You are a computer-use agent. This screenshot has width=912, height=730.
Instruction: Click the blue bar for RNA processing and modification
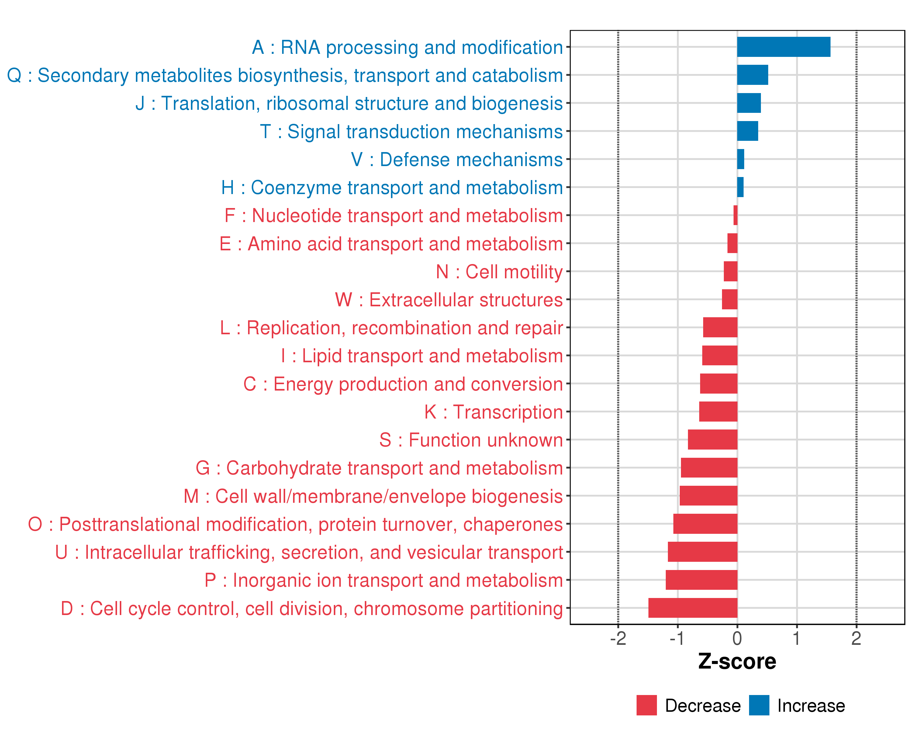783,47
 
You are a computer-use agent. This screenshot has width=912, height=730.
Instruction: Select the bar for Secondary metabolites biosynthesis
752,75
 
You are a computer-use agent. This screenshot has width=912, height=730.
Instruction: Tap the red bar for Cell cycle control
693,608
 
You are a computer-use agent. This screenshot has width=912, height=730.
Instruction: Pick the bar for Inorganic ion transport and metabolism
701,580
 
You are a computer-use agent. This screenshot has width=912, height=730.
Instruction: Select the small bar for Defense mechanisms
741,159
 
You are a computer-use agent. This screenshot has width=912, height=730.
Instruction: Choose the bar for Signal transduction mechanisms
748,131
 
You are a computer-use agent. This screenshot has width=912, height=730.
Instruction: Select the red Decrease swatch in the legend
646,705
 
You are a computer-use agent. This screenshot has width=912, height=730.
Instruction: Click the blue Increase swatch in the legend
759,705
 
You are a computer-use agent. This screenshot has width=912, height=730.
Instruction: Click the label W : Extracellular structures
449,300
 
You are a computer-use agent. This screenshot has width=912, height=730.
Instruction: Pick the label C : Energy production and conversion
403,384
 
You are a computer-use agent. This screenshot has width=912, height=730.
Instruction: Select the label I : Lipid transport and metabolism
422,356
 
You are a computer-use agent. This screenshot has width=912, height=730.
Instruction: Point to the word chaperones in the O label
513,525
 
